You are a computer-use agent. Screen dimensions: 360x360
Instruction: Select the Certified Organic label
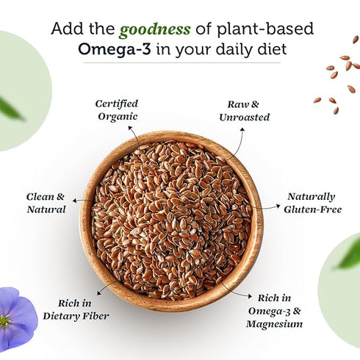point(116,109)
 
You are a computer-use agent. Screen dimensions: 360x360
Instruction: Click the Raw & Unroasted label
point(244,110)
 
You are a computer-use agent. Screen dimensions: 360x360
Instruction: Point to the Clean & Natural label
point(46,203)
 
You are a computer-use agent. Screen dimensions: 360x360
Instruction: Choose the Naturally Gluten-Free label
point(311,203)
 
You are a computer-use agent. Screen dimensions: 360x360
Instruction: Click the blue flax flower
point(16,317)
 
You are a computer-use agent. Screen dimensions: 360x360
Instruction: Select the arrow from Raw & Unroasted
point(234,144)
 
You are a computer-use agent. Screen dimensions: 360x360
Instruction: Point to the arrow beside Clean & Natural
point(82,200)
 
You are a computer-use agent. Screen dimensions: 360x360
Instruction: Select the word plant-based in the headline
point(272,29)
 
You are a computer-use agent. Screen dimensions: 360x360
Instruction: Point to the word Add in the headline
point(65,29)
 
